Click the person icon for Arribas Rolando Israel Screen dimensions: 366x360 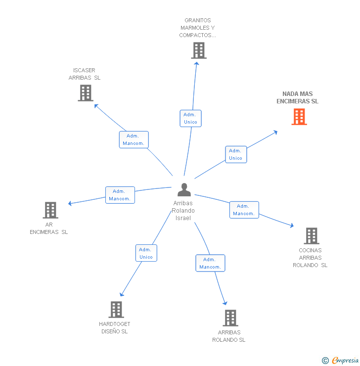[x=184, y=190]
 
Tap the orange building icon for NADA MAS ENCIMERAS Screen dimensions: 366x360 [x=299, y=117]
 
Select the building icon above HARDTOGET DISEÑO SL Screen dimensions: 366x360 [x=116, y=310]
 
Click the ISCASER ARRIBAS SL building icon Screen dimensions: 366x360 [x=86, y=92]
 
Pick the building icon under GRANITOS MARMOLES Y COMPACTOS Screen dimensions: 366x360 [x=199, y=50]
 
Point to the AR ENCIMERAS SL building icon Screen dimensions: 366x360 [x=50, y=210]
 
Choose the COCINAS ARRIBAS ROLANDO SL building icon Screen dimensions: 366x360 [x=311, y=236]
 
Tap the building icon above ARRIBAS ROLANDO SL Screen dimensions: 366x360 [x=230, y=318]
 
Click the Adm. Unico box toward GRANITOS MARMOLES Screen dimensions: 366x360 [x=190, y=118]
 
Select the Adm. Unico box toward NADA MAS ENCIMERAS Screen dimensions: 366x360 [x=235, y=154]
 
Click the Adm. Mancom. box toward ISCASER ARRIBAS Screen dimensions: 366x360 [x=134, y=139]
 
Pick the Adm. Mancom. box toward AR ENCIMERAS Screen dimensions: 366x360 [x=120, y=195]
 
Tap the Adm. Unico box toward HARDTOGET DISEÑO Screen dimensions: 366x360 [x=146, y=253]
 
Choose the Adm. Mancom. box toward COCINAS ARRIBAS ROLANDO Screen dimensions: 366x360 [x=244, y=210]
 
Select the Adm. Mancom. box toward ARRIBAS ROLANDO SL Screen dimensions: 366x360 [x=210, y=263]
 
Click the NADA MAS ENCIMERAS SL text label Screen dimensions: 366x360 [x=298, y=97]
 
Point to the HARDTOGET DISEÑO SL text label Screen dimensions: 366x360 [x=115, y=327]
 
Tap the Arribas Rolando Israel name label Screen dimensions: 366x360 [x=183, y=210]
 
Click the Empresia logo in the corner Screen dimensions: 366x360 [x=340, y=360]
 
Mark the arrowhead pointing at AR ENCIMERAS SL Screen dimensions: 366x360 [x=70, y=203]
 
